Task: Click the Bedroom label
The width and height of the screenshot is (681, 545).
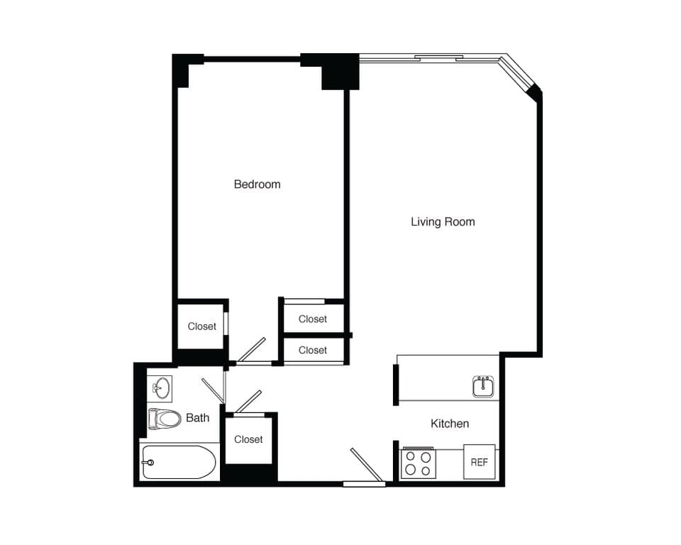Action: (x=257, y=185)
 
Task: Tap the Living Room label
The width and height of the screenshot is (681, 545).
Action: (x=443, y=222)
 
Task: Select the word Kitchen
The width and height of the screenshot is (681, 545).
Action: (x=450, y=424)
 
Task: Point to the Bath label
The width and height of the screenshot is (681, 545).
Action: (x=197, y=418)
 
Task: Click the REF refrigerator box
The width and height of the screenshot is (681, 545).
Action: (x=479, y=462)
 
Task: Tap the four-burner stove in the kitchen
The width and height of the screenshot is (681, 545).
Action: (x=418, y=462)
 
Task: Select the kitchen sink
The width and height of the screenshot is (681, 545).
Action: (x=483, y=386)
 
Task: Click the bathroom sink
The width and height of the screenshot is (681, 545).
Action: (x=161, y=388)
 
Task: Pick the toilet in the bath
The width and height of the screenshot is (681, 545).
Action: (x=165, y=419)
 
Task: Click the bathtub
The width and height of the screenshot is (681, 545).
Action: (x=178, y=463)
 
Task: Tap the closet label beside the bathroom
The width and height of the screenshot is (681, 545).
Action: (x=248, y=440)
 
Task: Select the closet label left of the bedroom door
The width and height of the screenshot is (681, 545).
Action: (x=201, y=326)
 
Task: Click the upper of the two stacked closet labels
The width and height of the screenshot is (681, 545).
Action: (x=312, y=319)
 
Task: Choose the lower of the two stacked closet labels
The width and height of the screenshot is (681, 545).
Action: (x=312, y=351)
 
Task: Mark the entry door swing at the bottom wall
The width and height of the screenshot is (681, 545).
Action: (x=367, y=466)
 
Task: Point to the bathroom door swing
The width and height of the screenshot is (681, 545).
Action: (x=214, y=390)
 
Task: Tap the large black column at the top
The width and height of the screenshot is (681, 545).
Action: (x=340, y=72)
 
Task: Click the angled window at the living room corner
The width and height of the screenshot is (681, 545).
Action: (x=519, y=74)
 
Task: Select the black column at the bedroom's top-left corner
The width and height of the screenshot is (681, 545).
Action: (x=182, y=70)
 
